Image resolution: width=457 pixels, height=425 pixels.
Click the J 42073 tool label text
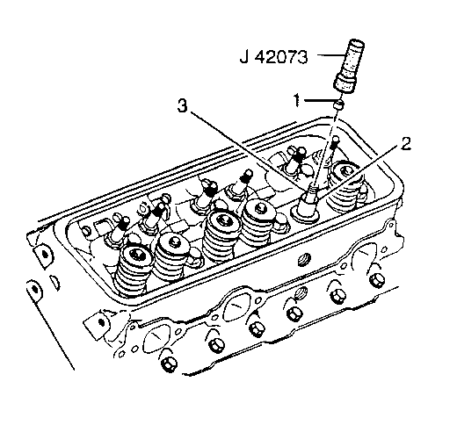click(x=274, y=57)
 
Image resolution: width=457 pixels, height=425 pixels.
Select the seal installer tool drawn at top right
click(x=350, y=65)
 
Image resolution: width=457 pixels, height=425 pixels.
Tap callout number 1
click(x=297, y=100)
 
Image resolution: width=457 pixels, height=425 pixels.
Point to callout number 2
click(x=406, y=144)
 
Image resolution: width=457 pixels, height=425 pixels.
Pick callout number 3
click(x=182, y=105)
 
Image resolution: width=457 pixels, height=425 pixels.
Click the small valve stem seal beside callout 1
click(x=339, y=104)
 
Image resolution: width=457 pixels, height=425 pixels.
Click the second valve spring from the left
click(x=173, y=257)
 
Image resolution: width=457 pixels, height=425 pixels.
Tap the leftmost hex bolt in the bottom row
click(x=168, y=365)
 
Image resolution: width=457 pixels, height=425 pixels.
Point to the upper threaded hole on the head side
click(x=303, y=259)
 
